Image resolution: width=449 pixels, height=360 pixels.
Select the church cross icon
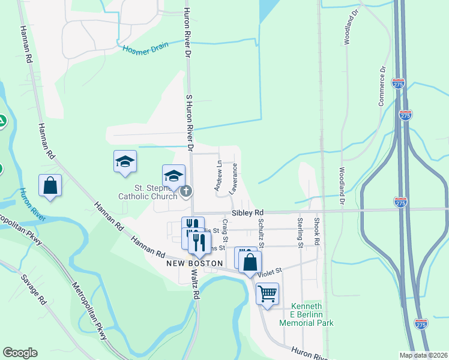pyautogui.click(x=187, y=191)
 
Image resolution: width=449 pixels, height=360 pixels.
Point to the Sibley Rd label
pyautogui.click(x=248, y=213)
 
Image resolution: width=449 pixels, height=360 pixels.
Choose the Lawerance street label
pyautogui.click(x=234, y=177)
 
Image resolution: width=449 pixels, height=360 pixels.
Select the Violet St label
pyautogui.click(x=270, y=273)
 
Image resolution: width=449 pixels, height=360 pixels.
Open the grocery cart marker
pyautogui.click(x=267, y=294)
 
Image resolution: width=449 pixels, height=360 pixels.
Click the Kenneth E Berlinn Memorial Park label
pyautogui.click(x=307, y=314)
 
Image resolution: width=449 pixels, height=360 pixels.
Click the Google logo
pyautogui.click(x=19, y=353)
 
